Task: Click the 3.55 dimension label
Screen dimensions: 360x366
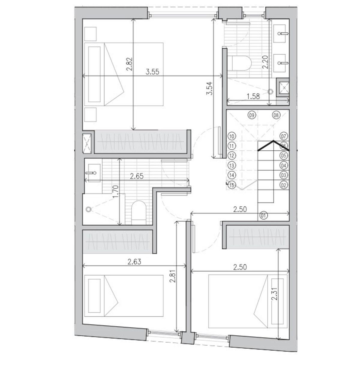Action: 152,72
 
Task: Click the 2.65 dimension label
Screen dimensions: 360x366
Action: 137,176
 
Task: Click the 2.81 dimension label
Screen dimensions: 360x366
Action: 173,281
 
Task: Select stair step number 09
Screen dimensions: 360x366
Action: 252,115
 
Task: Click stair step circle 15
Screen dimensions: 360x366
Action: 231,185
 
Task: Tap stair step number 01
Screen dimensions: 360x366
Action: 263,215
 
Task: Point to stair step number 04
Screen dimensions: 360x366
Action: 283,166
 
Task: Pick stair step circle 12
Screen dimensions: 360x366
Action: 231,156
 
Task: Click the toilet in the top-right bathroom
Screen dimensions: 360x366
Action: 240,63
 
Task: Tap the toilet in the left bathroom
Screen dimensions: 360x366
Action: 139,212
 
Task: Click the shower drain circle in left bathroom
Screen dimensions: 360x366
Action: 88,209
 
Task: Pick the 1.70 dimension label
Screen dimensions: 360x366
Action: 116,192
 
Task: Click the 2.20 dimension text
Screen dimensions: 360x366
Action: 265,62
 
